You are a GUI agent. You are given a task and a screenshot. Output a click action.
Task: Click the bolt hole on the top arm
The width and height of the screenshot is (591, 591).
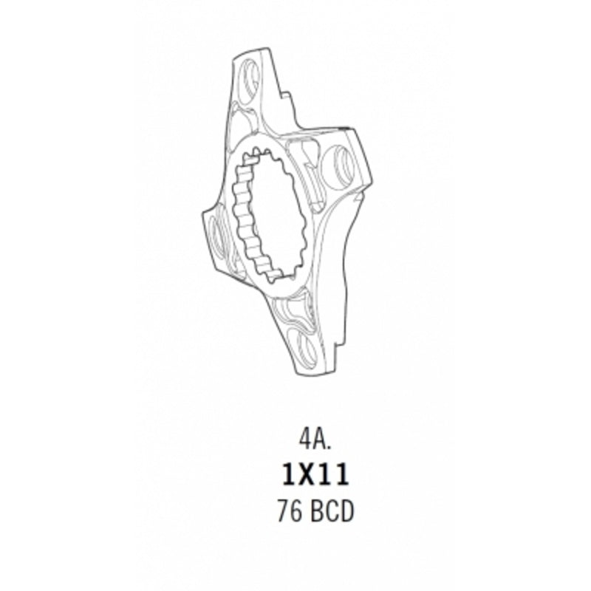[x=250, y=81]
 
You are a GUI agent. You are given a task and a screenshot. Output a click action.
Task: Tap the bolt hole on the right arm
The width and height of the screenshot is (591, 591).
[x=340, y=165]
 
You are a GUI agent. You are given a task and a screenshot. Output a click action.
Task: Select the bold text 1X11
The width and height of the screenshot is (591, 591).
[x=315, y=474]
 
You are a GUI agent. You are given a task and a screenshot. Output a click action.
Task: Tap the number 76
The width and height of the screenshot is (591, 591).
[x=290, y=511]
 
